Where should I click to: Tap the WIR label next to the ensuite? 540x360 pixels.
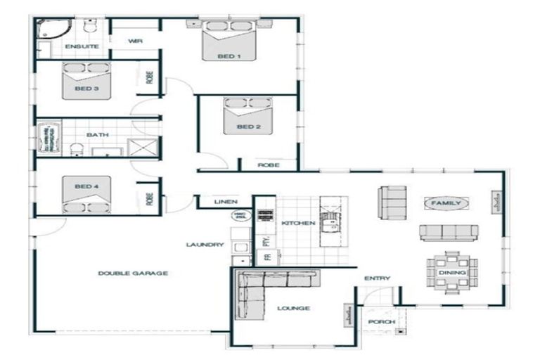(x=136, y=41)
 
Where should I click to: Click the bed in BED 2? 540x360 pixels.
(x=248, y=116)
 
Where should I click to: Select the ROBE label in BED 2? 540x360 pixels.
(x=269, y=165)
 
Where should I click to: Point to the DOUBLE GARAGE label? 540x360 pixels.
(x=133, y=273)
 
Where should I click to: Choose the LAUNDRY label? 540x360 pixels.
(x=205, y=245)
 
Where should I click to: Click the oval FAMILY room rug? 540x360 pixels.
(x=446, y=203)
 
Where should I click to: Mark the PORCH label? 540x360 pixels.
(x=381, y=322)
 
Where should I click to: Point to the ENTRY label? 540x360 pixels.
(x=377, y=278)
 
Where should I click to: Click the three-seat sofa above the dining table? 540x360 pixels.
(x=449, y=233)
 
